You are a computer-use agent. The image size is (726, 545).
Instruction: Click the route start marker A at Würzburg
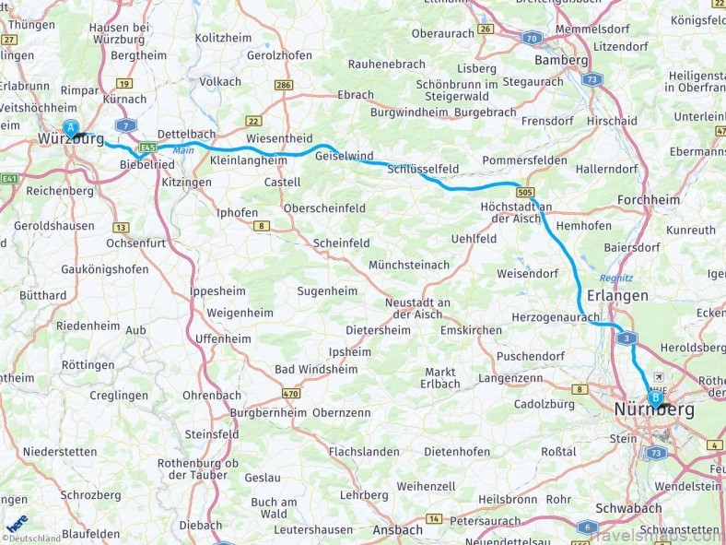(x=70, y=130)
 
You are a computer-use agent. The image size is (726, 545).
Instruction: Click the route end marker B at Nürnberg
(x=655, y=397)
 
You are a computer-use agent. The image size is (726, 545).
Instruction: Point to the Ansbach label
(x=397, y=529)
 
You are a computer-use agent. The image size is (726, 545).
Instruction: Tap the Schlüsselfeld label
(x=423, y=170)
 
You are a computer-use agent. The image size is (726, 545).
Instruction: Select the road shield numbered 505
(x=525, y=192)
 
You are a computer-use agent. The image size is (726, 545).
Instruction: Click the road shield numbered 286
(x=284, y=85)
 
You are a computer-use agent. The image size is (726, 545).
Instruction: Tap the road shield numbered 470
(x=291, y=394)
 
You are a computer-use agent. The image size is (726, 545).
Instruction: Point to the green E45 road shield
(x=147, y=147)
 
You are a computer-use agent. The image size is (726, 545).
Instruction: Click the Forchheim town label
(x=649, y=199)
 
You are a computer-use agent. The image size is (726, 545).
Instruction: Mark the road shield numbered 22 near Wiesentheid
(x=252, y=121)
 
